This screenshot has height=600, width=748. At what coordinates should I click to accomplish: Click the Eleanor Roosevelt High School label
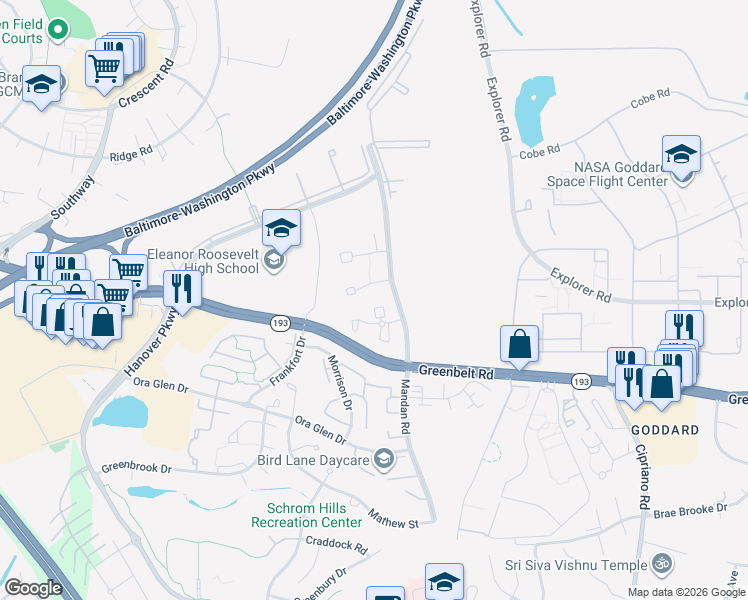click(x=203, y=262)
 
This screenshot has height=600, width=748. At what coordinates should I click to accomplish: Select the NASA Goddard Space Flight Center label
click(x=606, y=174)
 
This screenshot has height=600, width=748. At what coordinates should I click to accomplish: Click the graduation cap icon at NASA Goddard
click(x=681, y=154)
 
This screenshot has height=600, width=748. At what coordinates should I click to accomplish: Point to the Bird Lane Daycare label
click(x=313, y=460)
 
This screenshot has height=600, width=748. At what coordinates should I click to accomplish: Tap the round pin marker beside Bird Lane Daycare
click(x=383, y=460)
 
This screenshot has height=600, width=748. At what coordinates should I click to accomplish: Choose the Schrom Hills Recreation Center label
click(x=306, y=515)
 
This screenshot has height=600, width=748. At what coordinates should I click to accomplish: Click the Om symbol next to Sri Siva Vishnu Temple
click(x=659, y=565)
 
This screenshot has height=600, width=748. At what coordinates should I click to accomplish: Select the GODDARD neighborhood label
click(x=663, y=429)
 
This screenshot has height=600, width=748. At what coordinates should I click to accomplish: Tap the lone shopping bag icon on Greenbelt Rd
click(x=519, y=344)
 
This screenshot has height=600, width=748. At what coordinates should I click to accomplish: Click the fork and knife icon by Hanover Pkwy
click(x=182, y=288)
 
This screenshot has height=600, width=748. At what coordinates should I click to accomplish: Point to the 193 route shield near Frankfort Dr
click(x=279, y=321)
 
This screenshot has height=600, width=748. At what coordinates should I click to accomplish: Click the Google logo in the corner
click(x=34, y=588)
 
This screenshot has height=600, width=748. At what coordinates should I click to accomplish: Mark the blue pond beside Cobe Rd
click(x=532, y=108)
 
